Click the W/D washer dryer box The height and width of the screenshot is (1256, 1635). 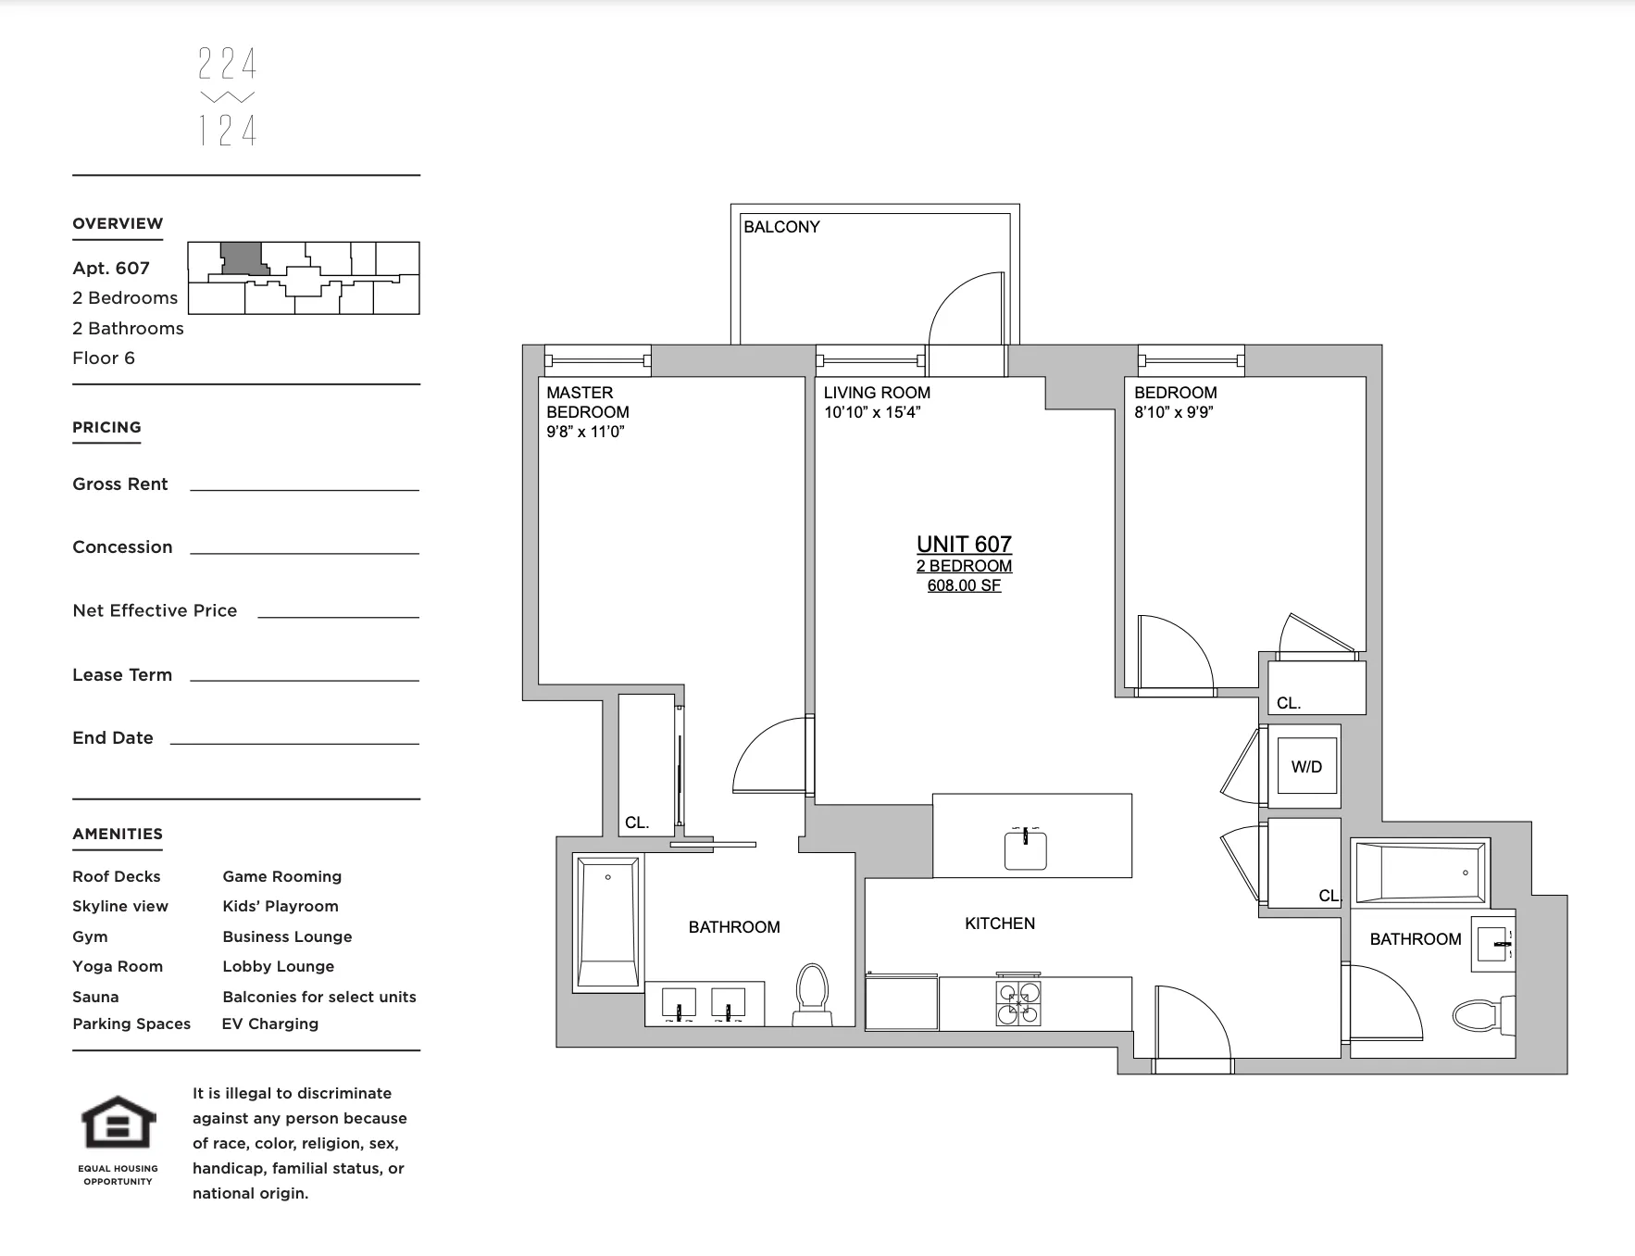point(1306,766)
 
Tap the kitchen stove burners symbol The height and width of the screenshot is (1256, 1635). point(1017,1003)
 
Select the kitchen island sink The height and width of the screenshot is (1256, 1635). point(1026,849)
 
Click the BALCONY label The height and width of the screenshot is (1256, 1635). point(781,227)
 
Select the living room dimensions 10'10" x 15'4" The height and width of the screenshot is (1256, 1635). point(871,412)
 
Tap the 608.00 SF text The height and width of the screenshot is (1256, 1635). point(964,585)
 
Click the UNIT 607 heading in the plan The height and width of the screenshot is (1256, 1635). point(964,545)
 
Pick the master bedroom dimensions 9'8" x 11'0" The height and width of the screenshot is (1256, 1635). point(585,432)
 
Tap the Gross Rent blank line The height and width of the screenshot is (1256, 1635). point(304,488)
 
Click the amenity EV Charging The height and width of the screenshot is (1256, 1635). point(270,1024)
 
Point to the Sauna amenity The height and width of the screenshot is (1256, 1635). point(95,997)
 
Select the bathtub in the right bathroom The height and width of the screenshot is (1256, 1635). point(1421,873)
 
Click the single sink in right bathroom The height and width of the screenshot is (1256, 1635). point(1492,944)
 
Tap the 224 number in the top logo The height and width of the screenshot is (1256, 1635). point(227,64)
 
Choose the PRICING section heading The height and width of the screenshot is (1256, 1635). point(106,427)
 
